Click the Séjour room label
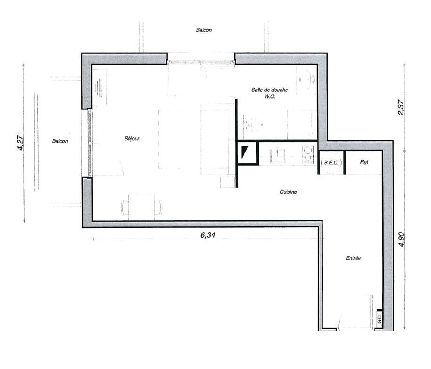click(132, 139)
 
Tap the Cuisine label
click(288, 192)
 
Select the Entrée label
click(353, 258)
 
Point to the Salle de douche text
click(270, 90)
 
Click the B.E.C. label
click(331, 162)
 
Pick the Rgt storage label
click(364, 162)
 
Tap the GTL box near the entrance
click(380, 319)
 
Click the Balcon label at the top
click(204, 30)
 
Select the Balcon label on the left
click(60, 141)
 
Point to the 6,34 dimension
click(208, 235)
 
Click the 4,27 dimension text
click(20, 143)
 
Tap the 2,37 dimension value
click(401, 107)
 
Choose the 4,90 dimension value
click(401, 239)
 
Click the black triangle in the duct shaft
click(244, 152)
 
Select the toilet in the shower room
click(253, 125)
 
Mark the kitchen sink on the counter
click(278, 156)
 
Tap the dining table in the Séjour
click(141, 208)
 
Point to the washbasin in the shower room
click(306, 80)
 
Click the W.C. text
click(270, 96)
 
